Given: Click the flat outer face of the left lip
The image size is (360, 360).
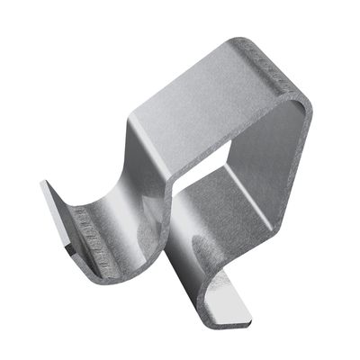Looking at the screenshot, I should [56, 211].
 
